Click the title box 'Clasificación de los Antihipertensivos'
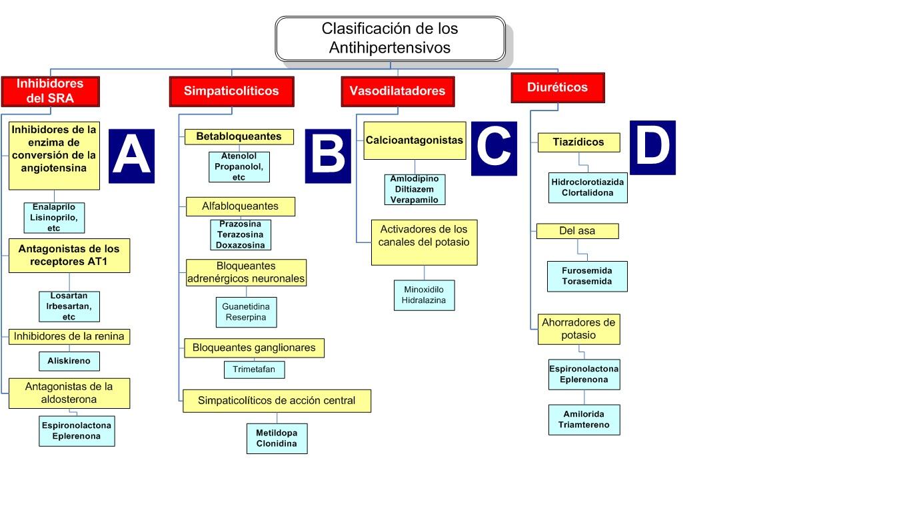390,39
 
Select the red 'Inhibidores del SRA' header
50,91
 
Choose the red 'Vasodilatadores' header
397,91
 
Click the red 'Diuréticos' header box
557,87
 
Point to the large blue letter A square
131,156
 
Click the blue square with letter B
328,156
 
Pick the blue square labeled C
494,148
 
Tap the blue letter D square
652,147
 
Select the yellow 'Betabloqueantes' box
239,136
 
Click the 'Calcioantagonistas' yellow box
415,140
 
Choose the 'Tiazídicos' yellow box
578,142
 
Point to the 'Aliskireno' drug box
69,362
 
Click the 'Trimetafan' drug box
254,370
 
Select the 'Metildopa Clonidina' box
277,438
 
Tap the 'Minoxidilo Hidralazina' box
424,295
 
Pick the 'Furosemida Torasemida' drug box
586,276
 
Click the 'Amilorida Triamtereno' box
584,419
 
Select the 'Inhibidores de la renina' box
69,336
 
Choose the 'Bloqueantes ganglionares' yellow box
253,348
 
